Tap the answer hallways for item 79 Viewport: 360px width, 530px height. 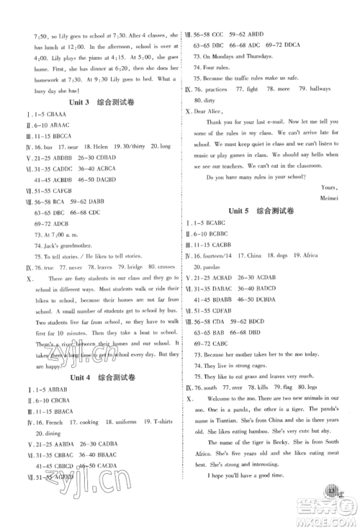325,89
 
